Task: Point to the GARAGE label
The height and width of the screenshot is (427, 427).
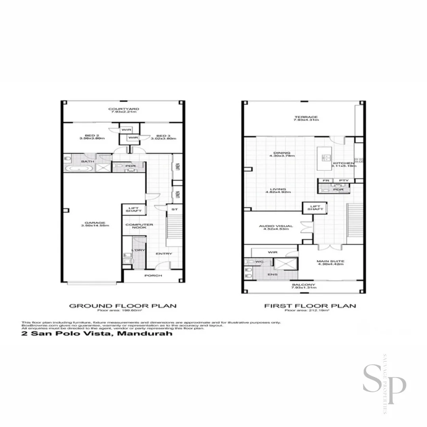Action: (x=94, y=223)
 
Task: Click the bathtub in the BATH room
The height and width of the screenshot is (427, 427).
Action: (x=79, y=169)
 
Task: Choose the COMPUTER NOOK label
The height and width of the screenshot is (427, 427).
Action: (x=134, y=226)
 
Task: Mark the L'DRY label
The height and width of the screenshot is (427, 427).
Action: (x=139, y=251)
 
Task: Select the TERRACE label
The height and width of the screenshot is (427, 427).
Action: (x=300, y=117)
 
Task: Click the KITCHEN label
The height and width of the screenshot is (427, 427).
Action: (x=343, y=163)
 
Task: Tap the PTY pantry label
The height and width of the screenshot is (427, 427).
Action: (x=344, y=181)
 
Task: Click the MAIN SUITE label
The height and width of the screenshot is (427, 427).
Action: (x=330, y=261)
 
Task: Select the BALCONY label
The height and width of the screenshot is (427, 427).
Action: (x=303, y=285)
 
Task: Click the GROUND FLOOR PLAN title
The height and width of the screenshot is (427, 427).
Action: (x=123, y=306)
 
